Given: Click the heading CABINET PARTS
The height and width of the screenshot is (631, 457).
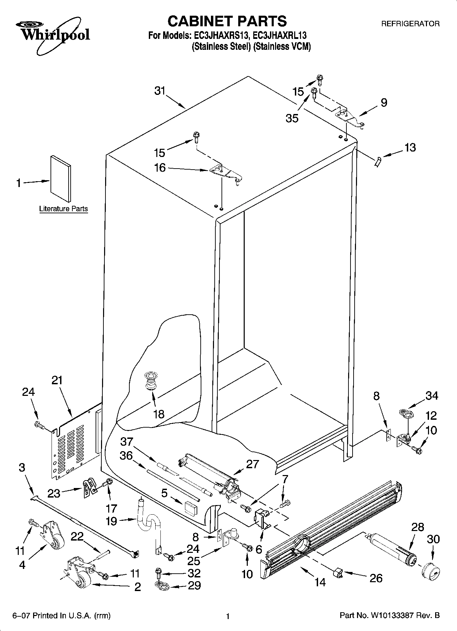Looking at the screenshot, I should point(227,21).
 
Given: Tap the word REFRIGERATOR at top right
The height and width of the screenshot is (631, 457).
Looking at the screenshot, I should point(410,24).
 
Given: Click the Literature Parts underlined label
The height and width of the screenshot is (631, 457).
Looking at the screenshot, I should point(63,209).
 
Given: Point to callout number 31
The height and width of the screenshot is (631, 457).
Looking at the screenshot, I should point(159,91).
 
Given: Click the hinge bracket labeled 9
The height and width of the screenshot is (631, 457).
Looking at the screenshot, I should point(350,118).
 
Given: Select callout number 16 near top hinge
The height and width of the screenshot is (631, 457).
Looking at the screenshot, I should point(160,168).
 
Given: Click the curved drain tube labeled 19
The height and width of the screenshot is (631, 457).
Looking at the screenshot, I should point(149,523).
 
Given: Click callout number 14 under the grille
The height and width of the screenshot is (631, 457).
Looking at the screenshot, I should point(320,582).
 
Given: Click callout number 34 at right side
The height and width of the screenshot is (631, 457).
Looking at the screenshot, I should point(431,396).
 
